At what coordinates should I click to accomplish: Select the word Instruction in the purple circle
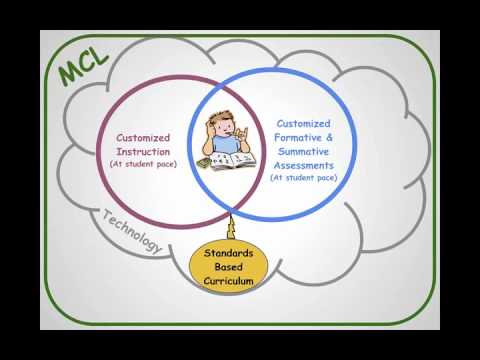(143, 150)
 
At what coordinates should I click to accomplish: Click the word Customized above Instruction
(143, 138)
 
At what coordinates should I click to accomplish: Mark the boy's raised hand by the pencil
(250, 131)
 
